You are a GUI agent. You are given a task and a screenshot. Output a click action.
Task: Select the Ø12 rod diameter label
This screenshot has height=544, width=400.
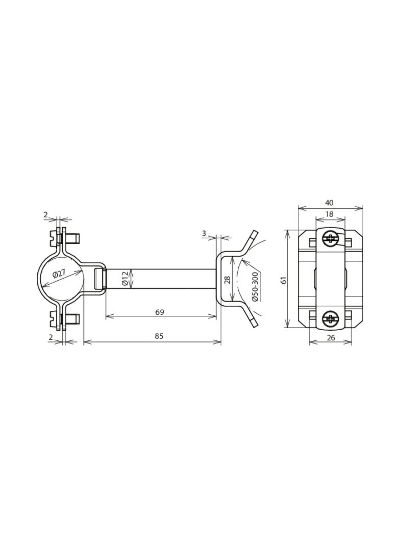point(125,279)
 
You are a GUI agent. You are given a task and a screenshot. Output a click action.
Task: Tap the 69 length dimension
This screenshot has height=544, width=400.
point(159,312)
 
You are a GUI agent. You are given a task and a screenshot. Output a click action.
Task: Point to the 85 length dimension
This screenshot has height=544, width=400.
point(159,336)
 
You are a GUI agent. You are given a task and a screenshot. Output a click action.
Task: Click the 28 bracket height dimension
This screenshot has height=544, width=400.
point(228,280)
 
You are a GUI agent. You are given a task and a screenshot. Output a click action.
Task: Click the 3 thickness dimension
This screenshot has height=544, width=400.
point(204,234)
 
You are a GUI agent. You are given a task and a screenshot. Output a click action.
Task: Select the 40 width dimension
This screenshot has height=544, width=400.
point(329,203)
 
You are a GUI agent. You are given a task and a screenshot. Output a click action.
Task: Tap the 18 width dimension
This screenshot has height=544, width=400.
point(330,214)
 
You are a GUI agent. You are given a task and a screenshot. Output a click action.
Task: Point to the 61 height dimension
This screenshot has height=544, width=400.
point(284,280)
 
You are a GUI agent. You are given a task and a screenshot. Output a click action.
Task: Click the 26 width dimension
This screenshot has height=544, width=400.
point(331,337)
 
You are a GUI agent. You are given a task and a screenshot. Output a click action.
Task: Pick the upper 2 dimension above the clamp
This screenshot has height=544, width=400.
point(45,215)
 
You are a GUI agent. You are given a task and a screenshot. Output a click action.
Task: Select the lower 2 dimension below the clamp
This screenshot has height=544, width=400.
point(51,337)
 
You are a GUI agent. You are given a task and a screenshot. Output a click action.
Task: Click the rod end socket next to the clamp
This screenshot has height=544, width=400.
point(100,279)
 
